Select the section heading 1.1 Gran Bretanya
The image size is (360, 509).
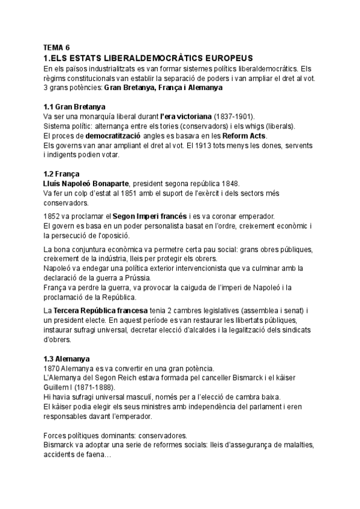[x=71, y=107]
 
